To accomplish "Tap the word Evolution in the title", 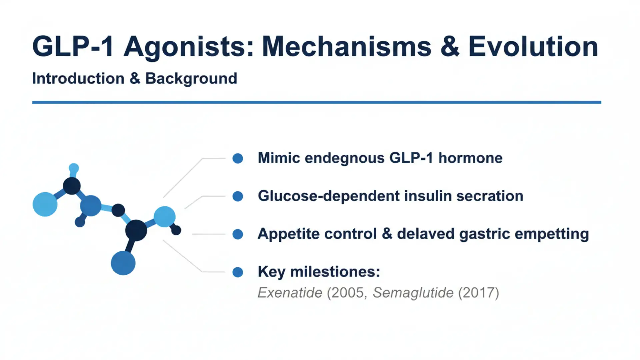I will click(x=533, y=47).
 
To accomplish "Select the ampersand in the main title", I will click(x=450, y=47).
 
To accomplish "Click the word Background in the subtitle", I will click(x=191, y=79).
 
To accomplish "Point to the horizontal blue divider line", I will click(x=317, y=102).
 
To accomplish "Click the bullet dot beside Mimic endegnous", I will click(x=238, y=158).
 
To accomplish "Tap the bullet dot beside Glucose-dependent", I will click(x=238, y=196).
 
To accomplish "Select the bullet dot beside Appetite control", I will click(x=238, y=234).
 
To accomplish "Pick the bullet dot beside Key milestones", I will click(x=238, y=272).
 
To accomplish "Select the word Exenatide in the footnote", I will click(x=290, y=293).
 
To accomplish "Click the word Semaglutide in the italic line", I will click(x=413, y=293).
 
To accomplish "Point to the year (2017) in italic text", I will click(x=478, y=293).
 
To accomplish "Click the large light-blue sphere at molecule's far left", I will click(x=45, y=204).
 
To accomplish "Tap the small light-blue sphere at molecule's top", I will click(x=74, y=168).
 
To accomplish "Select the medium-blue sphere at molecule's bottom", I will click(x=123, y=263).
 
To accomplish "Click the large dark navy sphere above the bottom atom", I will click(x=136, y=230).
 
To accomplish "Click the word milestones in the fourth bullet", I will click(x=335, y=272).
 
